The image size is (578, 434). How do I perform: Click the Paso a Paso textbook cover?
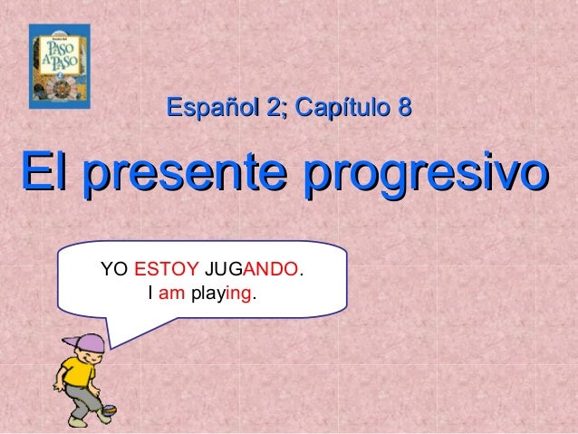tap(60, 66)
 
